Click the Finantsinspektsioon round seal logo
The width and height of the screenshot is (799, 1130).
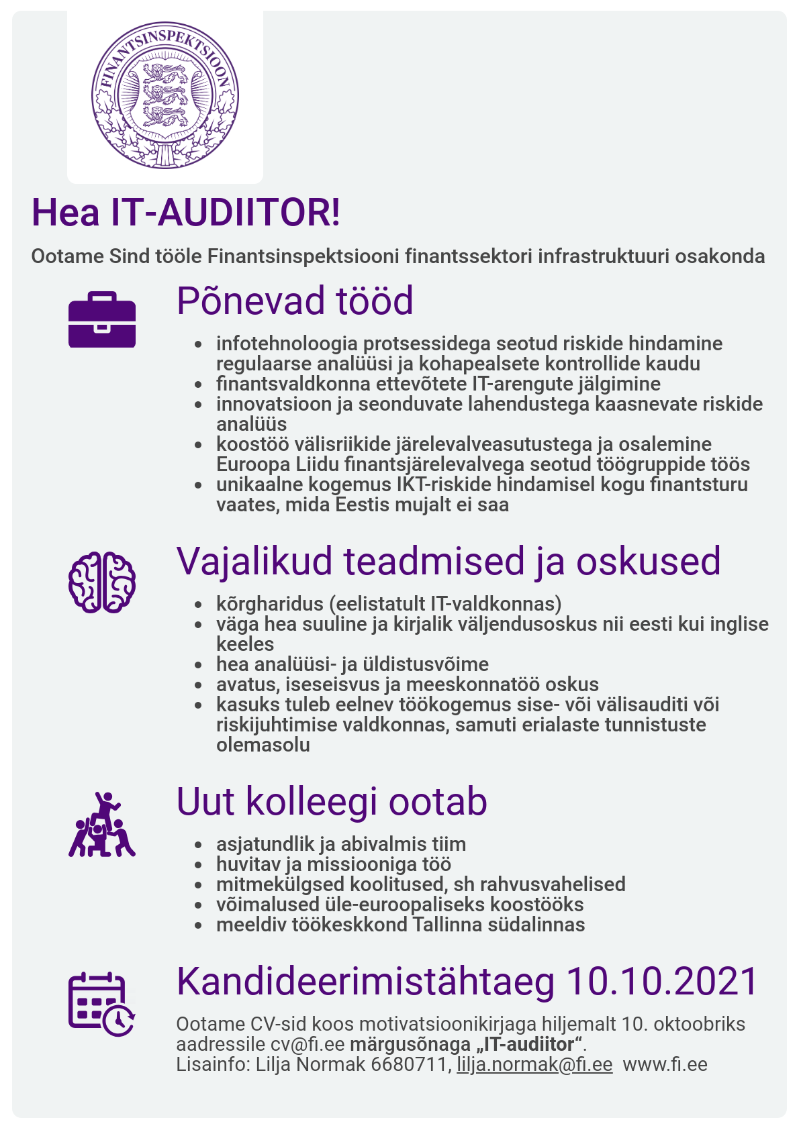(x=165, y=95)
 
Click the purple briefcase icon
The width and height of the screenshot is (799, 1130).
(x=102, y=320)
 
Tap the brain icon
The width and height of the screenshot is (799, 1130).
(x=102, y=582)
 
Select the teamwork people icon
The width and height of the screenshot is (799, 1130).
(x=102, y=825)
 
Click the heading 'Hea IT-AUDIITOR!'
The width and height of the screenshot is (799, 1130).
(x=186, y=213)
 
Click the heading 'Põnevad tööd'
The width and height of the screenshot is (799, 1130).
(x=295, y=301)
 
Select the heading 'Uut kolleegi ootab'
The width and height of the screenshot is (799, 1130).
(x=332, y=801)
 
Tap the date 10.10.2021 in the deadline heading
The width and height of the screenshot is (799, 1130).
(x=662, y=982)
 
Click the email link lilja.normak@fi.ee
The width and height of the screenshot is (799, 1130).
(x=534, y=1064)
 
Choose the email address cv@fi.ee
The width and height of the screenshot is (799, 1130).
(x=308, y=1044)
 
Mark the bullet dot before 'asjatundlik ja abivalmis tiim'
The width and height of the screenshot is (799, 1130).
(x=197, y=845)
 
